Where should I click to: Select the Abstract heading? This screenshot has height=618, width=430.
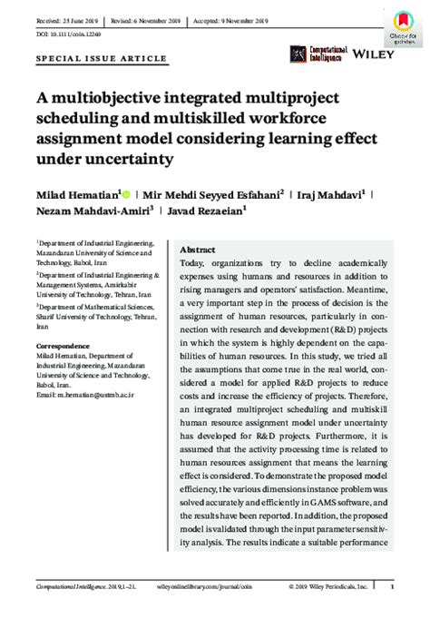(x=198, y=249)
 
